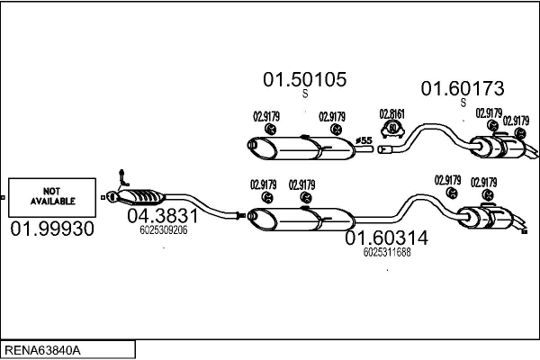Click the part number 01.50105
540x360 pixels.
tap(304, 79)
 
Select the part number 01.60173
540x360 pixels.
tap(463, 88)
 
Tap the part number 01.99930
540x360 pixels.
tap(52, 229)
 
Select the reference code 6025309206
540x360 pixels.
tap(164, 230)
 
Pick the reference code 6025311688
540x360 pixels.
tap(387, 252)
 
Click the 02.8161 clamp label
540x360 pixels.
tap(391, 113)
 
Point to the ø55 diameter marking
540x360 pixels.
tap(364, 140)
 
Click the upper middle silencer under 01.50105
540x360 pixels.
tap(301, 145)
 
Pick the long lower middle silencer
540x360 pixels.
tap(301, 218)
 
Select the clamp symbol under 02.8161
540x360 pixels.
tap(392, 130)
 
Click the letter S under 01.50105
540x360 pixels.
tap(304, 94)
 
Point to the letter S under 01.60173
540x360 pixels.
tap(463, 103)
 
